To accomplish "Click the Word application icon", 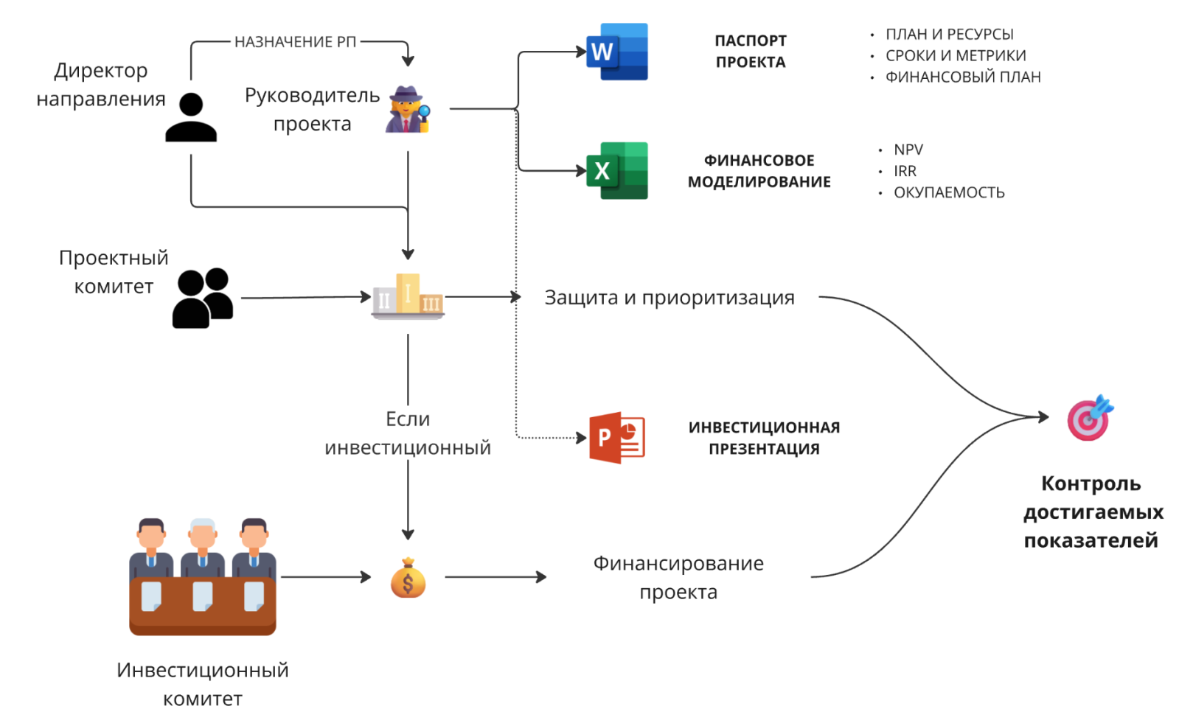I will click(x=617, y=52).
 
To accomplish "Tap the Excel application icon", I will click(x=617, y=171).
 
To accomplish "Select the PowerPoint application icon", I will click(x=617, y=438).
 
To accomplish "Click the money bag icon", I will click(x=408, y=578).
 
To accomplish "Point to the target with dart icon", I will click(x=1090, y=418).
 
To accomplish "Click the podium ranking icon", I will click(x=408, y=296).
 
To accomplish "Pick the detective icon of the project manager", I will click(x=408, y=110).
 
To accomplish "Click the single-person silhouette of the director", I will click(x=191, y=117).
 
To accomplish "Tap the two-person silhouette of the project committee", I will click(x=203, y=298).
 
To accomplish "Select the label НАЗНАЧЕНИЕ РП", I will click(x=295, y=42).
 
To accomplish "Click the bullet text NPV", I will click(x=908, y=150).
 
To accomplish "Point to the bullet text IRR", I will click(x=905, y=171).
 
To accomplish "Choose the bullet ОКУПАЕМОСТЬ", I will click(x=949, y=192).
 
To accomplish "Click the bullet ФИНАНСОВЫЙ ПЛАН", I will click(x=963, y=77).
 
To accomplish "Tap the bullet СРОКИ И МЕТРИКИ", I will click(x=956, y=55).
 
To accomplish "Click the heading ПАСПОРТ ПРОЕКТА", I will click(x=751, y=52).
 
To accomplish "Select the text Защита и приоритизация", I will click(x=670, y=298).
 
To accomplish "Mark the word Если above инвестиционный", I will click(x=408, y=419).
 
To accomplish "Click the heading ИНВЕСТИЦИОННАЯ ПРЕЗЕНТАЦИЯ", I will click(x=764, y=438).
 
